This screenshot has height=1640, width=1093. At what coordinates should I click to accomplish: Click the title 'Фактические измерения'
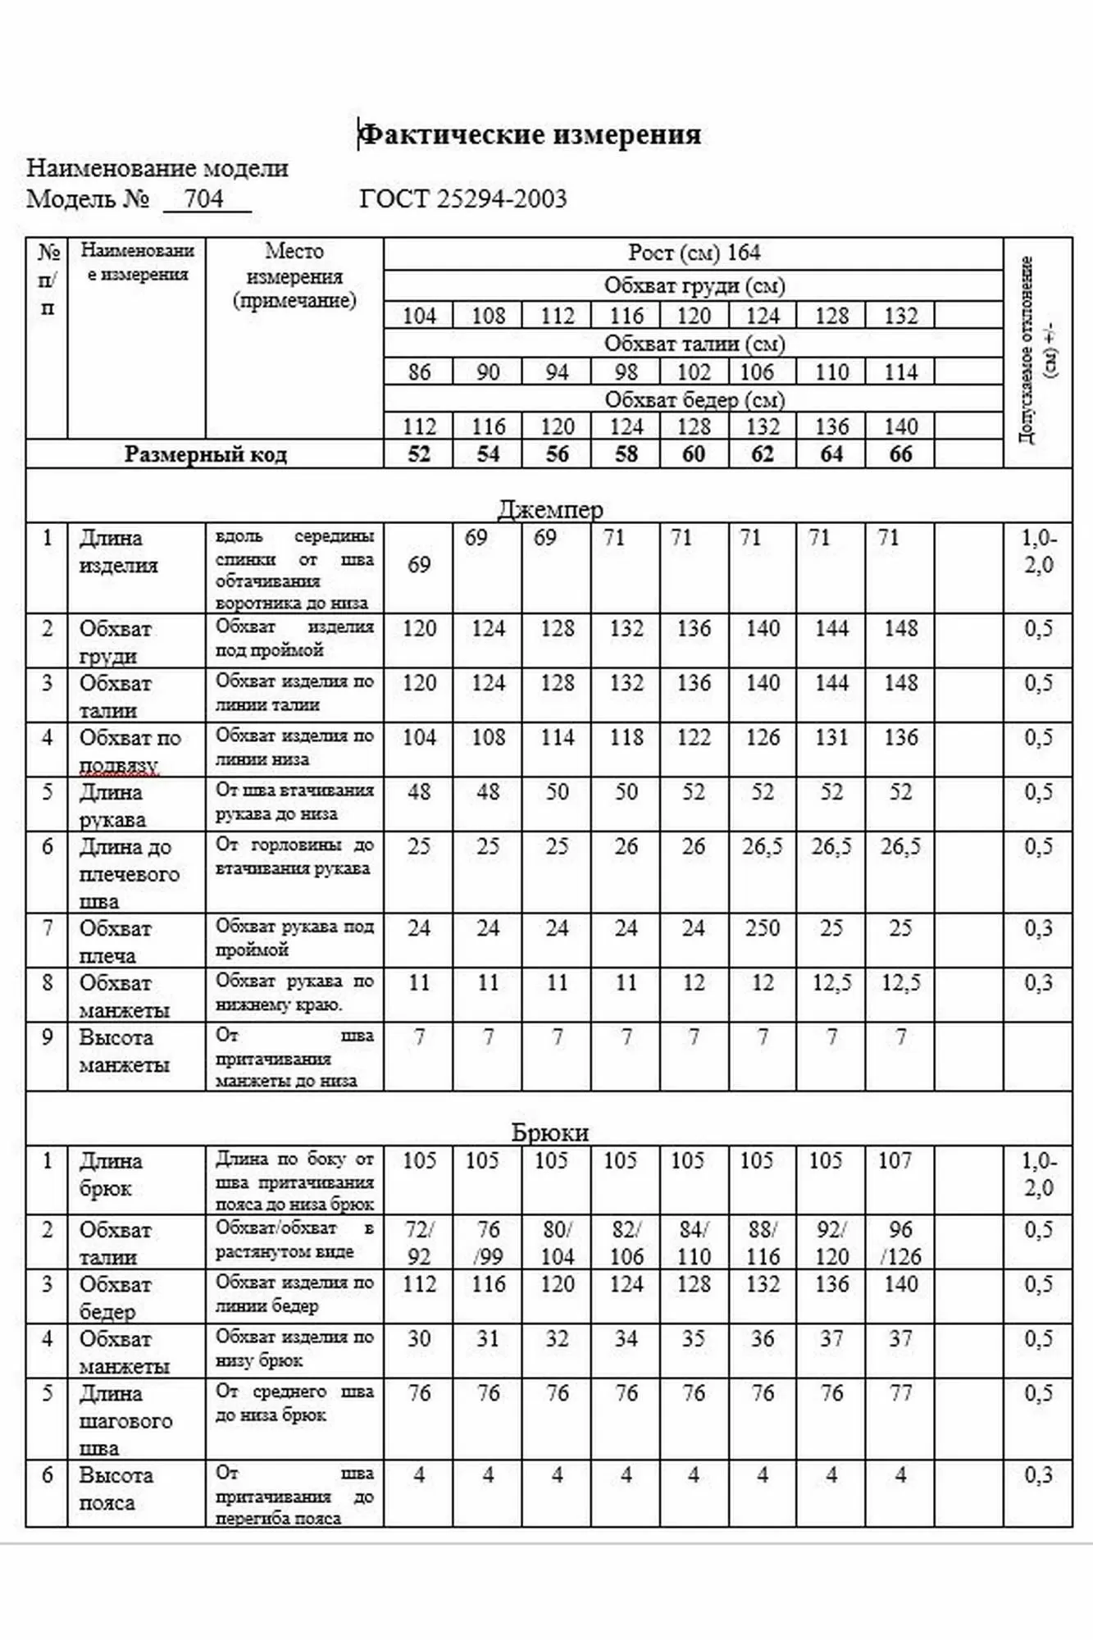[x=531, y=134]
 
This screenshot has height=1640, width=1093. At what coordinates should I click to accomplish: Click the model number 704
[x=204, y=199]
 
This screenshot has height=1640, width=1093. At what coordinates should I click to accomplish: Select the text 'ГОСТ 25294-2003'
[x=462, y=199]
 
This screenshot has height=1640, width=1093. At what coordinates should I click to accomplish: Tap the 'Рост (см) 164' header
[x=694, y=253]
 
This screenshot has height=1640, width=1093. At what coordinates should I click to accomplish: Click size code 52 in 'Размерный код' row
[x=419, y=454]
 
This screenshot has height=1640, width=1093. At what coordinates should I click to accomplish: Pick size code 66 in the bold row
[x=900, y=454]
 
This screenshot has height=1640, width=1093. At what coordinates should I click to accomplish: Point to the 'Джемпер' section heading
[x=549, y=509]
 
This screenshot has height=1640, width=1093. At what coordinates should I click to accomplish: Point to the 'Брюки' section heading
[x=549, y=1132]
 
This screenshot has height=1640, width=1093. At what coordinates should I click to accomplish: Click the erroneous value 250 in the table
[x=763, y=928]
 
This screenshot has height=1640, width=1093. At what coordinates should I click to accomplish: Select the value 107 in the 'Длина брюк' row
[x=895, y=1160]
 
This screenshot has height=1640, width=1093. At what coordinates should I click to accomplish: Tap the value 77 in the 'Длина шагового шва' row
[x=900, y=1393]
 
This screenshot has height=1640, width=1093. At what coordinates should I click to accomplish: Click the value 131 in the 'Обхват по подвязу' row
[x=831, y=737]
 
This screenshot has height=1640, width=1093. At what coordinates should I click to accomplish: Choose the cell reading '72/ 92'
[x=419, y=1243]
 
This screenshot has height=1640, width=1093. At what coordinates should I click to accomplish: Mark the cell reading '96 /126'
[x=900, y=1243]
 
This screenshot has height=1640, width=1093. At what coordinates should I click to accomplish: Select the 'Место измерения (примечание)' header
[x=294, y=276]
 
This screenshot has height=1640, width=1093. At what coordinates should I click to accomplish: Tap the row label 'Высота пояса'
[x=115, y=1489]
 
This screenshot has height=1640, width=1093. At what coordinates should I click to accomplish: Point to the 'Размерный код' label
[x=205, y=454]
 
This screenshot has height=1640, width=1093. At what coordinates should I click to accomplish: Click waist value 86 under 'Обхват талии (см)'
[x=419, y=372]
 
